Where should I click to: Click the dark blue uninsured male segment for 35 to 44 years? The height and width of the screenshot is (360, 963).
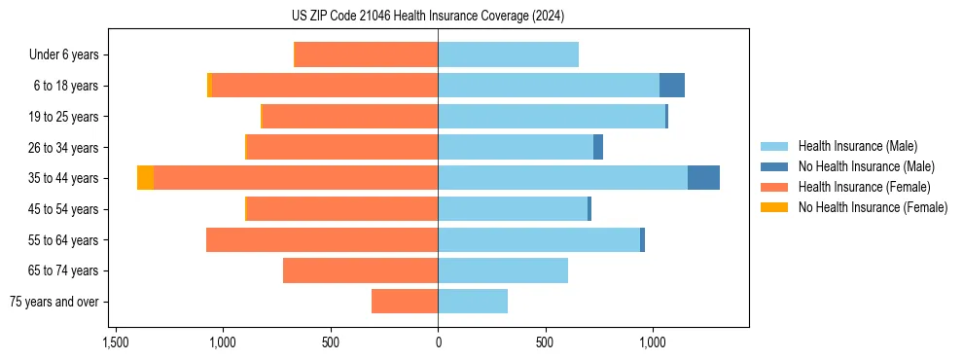[703, 178]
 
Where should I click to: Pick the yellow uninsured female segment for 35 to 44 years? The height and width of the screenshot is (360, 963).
[145, 178]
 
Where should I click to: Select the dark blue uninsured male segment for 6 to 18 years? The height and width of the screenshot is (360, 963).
[671, 86]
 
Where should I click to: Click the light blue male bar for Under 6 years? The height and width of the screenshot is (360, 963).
[508, 54]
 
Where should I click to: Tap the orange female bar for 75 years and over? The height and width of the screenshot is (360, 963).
[405, 302]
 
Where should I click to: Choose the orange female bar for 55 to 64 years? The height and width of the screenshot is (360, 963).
[322, 239]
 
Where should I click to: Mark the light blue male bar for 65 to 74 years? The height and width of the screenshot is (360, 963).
[503, 270]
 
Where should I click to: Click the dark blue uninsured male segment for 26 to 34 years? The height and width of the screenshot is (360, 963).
[598, 147]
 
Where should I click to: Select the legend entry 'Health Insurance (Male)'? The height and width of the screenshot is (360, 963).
[857, 146]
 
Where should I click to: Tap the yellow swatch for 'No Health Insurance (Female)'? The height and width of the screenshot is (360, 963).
[774, 207]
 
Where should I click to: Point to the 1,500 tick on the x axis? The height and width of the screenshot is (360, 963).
[116, 342]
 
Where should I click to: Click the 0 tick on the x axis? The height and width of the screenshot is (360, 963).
[438, 342]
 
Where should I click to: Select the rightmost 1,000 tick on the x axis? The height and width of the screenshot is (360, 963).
[652, 342]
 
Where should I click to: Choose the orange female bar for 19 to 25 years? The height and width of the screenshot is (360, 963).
[350, 117]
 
